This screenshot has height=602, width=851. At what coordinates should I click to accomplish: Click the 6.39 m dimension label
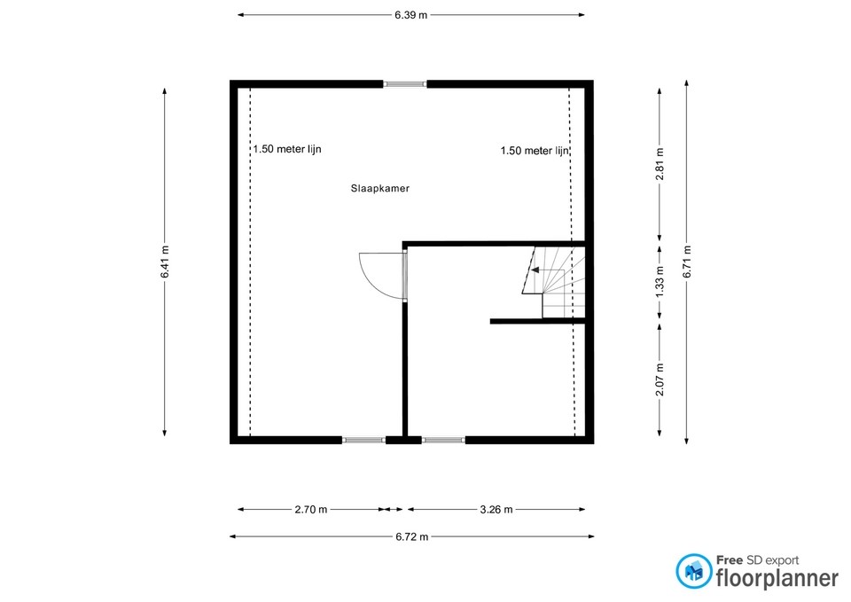coord(411,15)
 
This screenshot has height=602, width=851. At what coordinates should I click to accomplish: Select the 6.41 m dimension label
coord(165,262)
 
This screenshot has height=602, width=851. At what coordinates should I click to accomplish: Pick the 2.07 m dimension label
coord(659,379)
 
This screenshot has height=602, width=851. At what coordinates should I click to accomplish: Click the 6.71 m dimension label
coord(687,262)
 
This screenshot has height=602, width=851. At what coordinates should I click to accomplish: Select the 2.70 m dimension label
coord(310,510)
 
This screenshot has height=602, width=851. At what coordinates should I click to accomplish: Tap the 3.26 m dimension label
coord(496,510)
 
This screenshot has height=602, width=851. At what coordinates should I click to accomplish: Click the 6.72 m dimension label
coord(411,536)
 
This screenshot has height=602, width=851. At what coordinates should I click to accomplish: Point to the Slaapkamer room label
coord(379,188)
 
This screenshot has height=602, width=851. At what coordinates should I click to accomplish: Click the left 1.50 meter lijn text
coord(286,150)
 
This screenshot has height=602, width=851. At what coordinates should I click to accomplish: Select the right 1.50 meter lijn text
coord(534,151)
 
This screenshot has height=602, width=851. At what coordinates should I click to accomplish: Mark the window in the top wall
coord(405,84)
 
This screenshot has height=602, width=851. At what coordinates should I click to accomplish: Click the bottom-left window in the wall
coord(363,439)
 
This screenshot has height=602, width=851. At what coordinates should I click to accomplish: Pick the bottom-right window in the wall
coord(443,439)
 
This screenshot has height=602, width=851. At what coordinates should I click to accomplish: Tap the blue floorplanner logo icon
coord(693,571)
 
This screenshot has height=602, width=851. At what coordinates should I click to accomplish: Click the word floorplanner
coord(777,578)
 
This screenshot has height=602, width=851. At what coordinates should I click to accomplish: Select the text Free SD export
coord(757,560)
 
